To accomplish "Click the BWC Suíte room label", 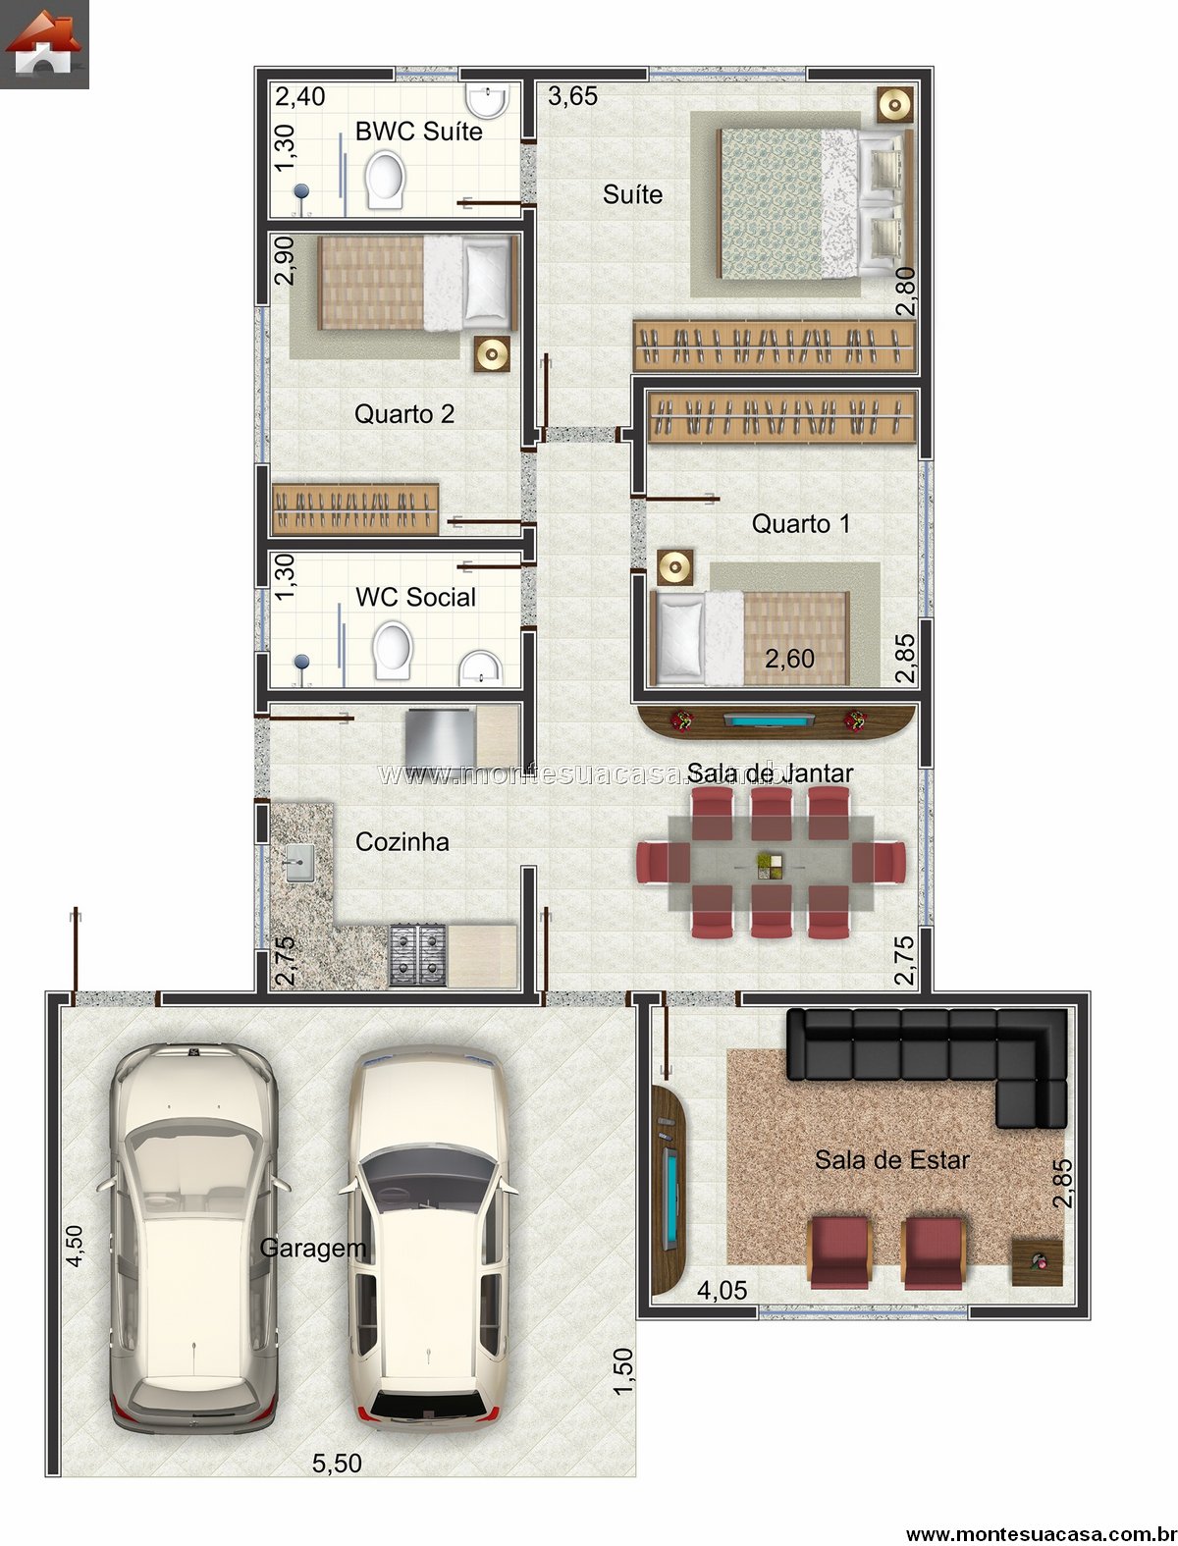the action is click(x=418, y=131).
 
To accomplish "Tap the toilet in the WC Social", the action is click(x=392, y=650).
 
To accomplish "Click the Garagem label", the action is click(x=312, y=1248).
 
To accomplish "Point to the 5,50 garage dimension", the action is click(x=337, y=1463).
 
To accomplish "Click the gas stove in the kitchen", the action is click(x=417, y=954).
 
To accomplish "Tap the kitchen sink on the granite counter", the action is click(x=299, y=863).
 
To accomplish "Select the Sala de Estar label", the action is click(x=891, y=1159).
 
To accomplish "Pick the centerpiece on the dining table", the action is click(x=770, y=866).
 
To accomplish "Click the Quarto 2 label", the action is click(x=404, y=413).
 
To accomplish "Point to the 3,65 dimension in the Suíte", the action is click(x=572, y=96).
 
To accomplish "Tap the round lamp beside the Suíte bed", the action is click(x=895, y=105).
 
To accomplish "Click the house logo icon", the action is click(x=43, y=43).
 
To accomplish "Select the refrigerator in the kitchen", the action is click(x=440, y=737).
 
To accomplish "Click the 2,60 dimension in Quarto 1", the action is click(x=789, y=659).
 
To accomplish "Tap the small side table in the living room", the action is click(x=1037, y=1262).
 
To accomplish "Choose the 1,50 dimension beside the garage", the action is click(x=622, y=1370).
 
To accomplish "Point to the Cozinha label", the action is click(x=402, y=841).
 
